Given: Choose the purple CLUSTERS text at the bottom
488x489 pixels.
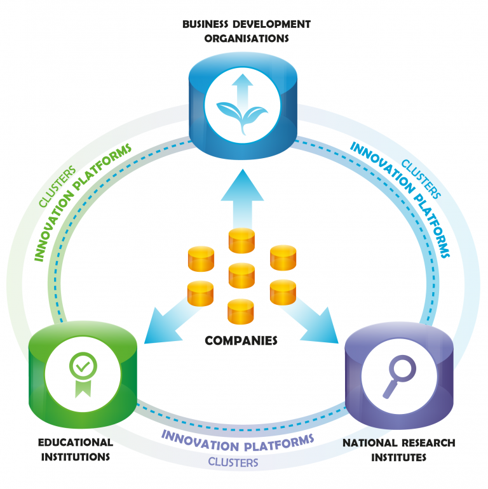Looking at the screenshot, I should pos(233,462).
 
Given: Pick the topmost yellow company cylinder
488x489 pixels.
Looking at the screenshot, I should pos(241,241).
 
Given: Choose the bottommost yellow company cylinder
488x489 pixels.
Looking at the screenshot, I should pos(241,310).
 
